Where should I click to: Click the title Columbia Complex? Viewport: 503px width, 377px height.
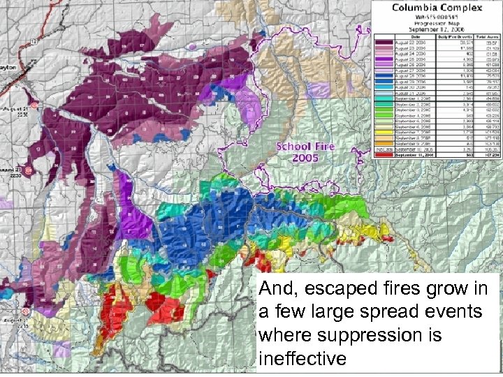[x=438, y=8]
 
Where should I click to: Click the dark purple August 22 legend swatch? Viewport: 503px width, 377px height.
[x=385, y=41]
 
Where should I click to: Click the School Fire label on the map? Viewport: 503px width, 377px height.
[x=307, y=147]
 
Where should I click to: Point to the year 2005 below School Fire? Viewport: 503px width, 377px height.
[x=307, y=158]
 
